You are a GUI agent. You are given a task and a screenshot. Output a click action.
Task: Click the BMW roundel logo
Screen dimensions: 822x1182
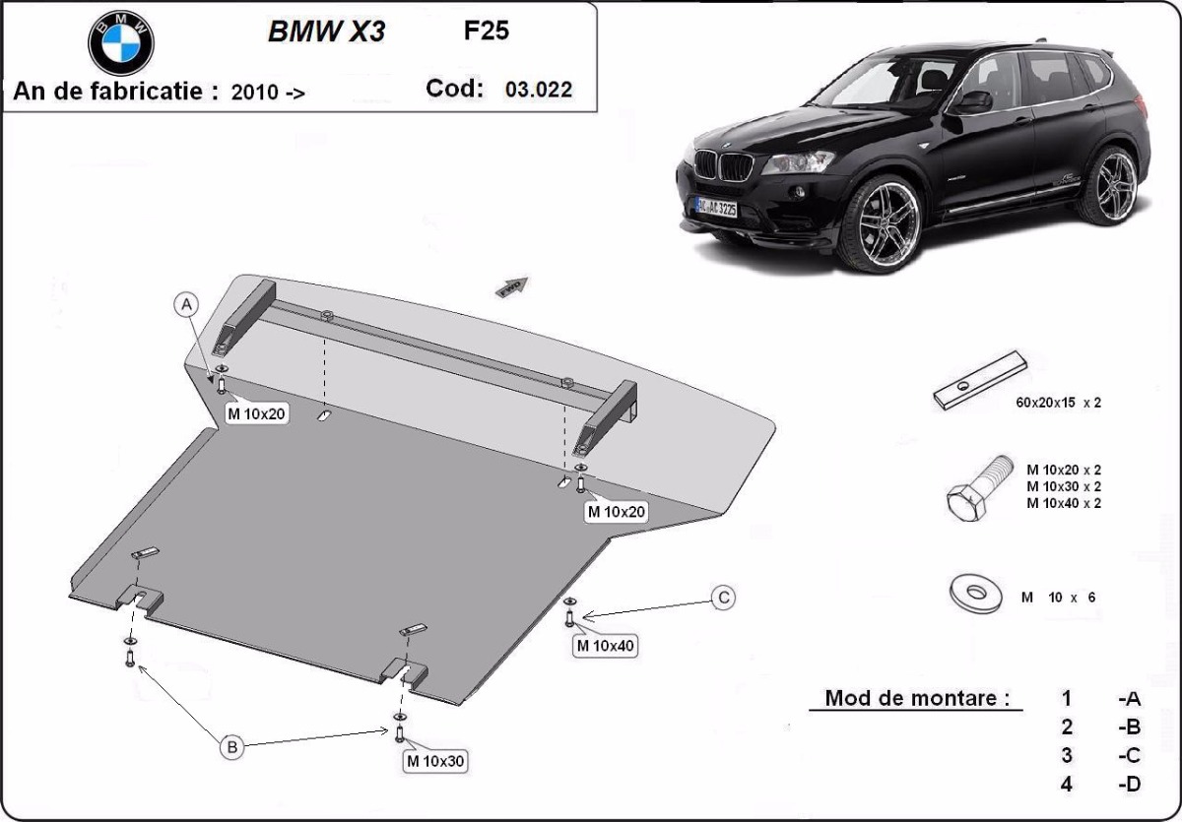(x=121, y=42)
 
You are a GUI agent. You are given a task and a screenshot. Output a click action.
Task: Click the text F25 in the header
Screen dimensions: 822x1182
(x=486, y=31)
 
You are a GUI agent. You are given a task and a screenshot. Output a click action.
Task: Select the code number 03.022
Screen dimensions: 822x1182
(x=538, y=90)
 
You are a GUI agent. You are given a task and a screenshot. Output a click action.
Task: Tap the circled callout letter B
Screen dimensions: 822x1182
(x=232, y=748)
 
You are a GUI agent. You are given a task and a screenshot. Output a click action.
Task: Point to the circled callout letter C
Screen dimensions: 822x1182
(x=723, y=597)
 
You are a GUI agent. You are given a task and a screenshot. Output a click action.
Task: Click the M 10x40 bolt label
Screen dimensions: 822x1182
(x=606, y=646)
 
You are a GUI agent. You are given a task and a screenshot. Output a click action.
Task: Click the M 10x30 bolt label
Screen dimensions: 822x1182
(x=434, y=761)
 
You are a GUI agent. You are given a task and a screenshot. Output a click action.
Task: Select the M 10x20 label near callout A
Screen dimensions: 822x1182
(x=256, y=413)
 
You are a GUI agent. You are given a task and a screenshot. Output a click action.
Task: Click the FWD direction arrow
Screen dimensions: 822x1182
(x=512, y=286)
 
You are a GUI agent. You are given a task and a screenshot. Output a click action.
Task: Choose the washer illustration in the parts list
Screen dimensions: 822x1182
(x=976, y=593)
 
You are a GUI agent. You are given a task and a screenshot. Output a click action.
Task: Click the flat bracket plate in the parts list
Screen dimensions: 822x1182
(x=980, y=381)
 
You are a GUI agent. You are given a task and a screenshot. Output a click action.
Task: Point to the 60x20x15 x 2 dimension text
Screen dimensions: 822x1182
(x=1057, y=403)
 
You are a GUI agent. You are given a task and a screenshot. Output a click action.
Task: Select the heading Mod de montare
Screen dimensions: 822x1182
(x=917, y=699)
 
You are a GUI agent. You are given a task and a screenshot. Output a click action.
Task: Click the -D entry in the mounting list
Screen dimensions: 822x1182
(x=1129, y=785)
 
